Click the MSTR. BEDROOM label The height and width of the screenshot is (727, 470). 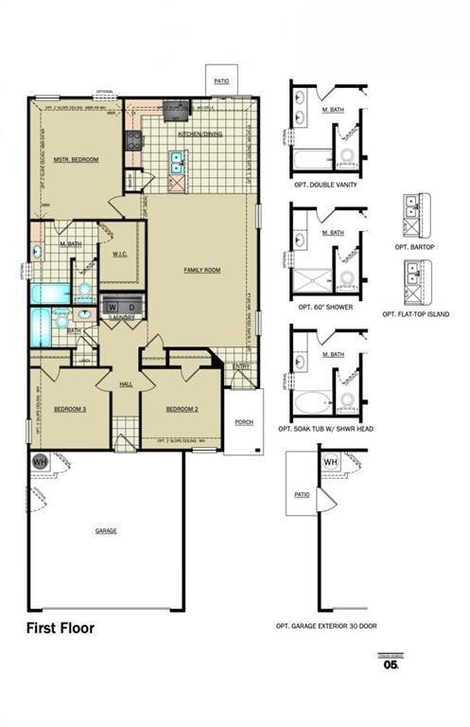pos(76,159)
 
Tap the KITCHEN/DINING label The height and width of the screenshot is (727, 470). pos(200,134)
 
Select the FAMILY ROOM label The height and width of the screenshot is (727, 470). pos(201,270)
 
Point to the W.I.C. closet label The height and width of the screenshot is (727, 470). pos(119,253)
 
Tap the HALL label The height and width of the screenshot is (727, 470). pos(126,383)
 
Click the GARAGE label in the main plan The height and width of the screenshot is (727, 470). pos(106,531)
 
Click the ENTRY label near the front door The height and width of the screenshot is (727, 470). pos(241,366)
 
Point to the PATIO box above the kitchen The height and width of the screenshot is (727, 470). pos(221,81)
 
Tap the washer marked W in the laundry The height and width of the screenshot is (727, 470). pos(113,308)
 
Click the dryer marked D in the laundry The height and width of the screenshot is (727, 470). pos(131,308)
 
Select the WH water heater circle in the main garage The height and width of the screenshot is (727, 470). pos(40,462)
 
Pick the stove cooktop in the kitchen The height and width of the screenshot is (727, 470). pos(134,141)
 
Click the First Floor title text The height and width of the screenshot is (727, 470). pos(60,628)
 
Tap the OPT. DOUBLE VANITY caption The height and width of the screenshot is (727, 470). pos(325,184)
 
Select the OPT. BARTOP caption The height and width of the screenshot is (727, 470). pos(414,246)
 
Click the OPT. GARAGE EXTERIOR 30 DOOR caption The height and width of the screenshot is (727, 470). pos(326,626)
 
